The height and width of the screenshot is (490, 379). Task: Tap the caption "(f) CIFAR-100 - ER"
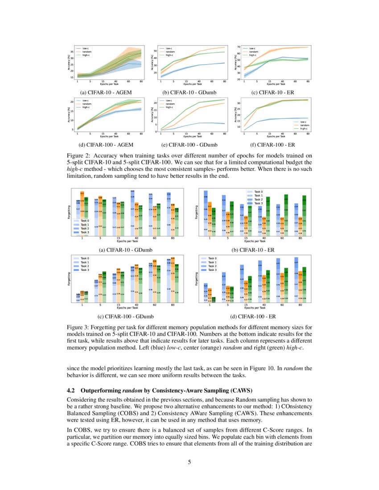click(x=273, y=144)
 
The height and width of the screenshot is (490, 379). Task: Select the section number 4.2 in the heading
click(x=71, y=390)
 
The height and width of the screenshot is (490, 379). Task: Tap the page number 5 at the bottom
click(x=189, y=462)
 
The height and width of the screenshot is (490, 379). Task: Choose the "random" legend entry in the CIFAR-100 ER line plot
click(x=305, y=125)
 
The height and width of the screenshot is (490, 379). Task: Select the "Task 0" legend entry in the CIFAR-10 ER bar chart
click(x=257, y=192)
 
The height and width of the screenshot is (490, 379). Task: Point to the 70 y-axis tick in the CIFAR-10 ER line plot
click(x=239, y=47)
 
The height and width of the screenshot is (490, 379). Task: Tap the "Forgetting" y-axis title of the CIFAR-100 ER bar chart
click(x=197, y=279)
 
